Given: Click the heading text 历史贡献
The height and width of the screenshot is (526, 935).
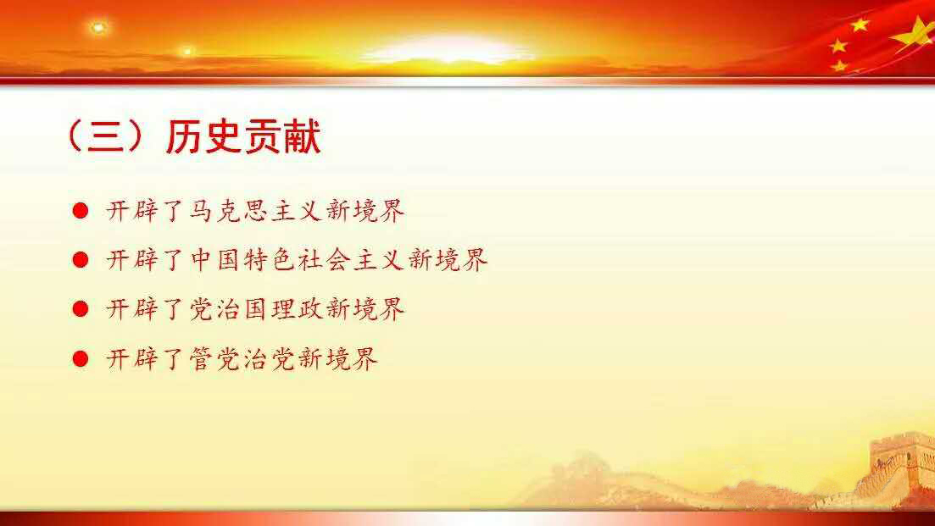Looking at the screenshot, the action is coord(243,137).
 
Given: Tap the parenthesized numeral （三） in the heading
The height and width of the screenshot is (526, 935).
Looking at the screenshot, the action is coord(106,137).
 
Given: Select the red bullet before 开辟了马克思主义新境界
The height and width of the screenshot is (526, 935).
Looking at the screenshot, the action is coord(81,210).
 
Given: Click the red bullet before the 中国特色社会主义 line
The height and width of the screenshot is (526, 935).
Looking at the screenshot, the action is coord(81,260).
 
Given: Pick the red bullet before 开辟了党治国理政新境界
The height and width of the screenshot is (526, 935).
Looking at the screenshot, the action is coord(81,309).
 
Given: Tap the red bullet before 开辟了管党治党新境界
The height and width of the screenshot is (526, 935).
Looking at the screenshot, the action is coord(81,358).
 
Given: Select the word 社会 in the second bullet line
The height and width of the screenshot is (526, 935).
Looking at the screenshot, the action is coord(324,260).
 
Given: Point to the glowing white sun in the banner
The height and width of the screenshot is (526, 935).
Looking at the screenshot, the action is coord(448,49).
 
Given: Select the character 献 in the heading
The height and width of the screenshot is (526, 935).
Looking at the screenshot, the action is coord(303,137).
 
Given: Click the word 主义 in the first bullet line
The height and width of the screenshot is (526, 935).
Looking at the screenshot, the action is coord(297,211).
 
